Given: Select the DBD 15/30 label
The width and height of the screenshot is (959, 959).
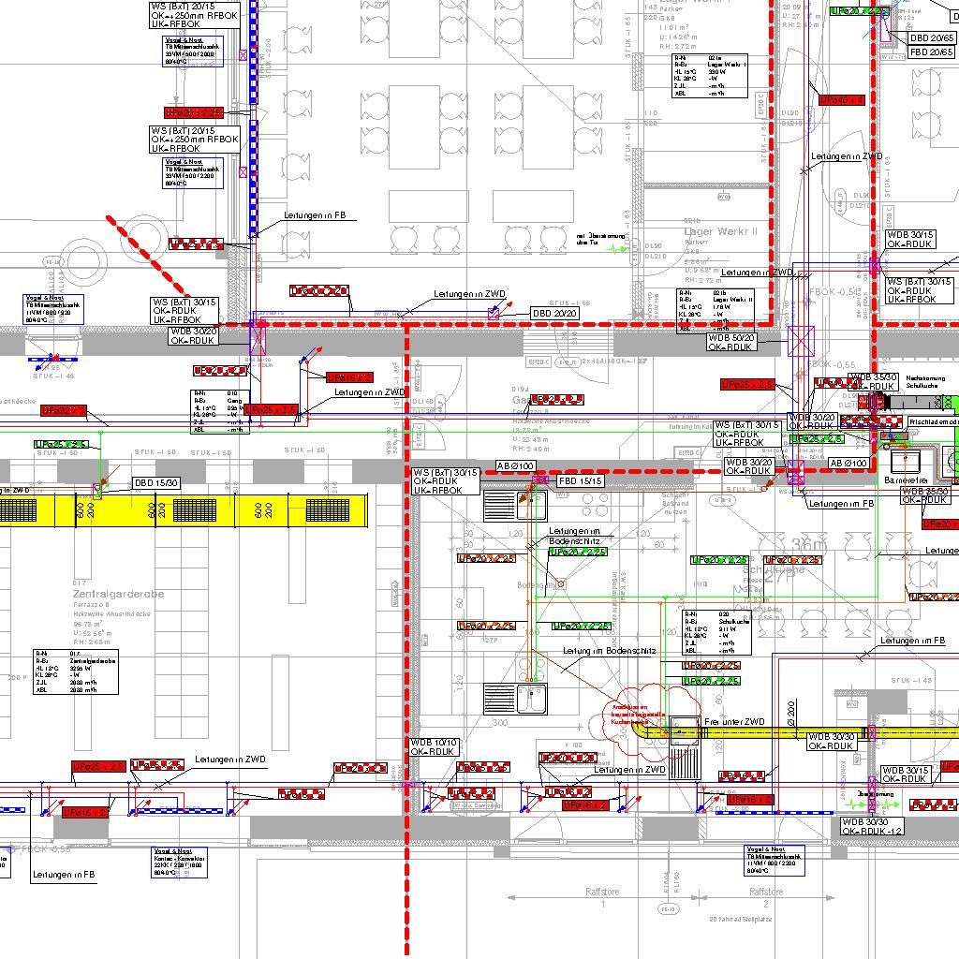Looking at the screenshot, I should tap(156, 483).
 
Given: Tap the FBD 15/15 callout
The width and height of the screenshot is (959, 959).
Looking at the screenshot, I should tap(582, 480).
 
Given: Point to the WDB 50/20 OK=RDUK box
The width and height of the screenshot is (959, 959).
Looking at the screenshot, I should tap(731, 342).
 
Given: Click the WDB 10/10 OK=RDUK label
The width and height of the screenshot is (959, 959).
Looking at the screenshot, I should tap(435, 746).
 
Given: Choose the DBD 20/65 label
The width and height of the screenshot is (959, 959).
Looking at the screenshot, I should tap(932, 38).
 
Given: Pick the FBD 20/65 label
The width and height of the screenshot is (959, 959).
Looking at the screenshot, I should tap(932, 52).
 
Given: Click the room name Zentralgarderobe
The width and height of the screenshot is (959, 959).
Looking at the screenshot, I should tap(118, 594).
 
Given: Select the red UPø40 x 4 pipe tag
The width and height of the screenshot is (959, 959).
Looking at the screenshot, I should tap(841, 99).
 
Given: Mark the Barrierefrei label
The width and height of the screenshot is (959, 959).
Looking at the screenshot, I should tap(906, 479).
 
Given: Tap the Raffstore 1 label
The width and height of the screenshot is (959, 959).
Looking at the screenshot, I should tap(604, 893).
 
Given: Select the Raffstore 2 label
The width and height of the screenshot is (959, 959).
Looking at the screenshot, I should tap(766, 893).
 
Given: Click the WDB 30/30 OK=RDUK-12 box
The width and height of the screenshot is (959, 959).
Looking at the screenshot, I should tap(872, 826).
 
